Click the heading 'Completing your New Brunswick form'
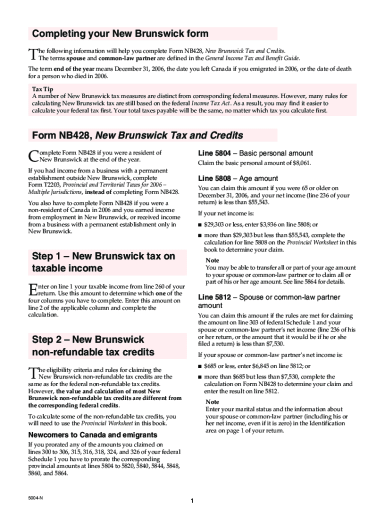coord(120,34)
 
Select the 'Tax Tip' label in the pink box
coord(41,88)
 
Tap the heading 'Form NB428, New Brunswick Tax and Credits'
coord(137,135)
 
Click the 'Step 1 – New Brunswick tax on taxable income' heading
coord(103,262)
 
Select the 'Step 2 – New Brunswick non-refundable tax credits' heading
coord(93,346)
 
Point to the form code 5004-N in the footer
coord(35,497)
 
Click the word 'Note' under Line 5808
coord(212,260)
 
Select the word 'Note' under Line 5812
coord(212,402)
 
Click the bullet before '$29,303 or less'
coord(200,225)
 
